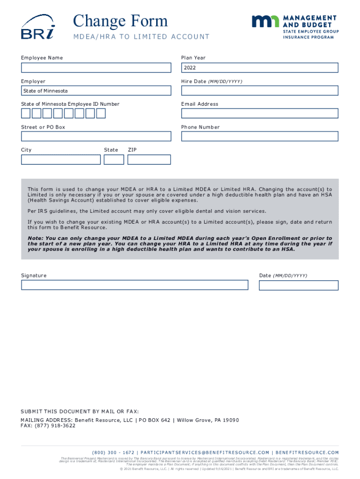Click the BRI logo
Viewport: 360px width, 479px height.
(x=37, y=27)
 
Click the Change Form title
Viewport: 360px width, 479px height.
(x=120, y=21)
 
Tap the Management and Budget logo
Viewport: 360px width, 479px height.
(x=295, y=27)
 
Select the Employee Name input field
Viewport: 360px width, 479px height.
(x=96, y=68)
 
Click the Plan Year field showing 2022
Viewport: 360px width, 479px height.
(x=259, y=68)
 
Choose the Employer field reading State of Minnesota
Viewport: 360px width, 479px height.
(x=96, y=91)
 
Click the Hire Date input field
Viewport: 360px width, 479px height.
(x=259, y=91)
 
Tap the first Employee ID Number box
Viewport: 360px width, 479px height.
(x=26, y=113)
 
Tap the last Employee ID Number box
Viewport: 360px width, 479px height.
(x=101, y=113)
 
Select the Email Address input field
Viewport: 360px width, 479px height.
(x=259, y=113)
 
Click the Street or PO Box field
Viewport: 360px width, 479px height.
(x=96, y=136)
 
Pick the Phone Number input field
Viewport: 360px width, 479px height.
(x=259, y=136)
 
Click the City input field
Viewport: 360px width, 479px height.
(x=61, y=160)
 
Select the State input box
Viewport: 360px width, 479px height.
(x=114, y=160)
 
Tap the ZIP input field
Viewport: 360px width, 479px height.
(x=149, y=160)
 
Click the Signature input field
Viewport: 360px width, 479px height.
(x=135, y=285)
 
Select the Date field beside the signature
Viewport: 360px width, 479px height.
(x=299, y=285)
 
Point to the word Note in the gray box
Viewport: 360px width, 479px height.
(x=35, y=238)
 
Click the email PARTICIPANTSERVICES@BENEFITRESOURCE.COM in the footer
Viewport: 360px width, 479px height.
(x=204, y=452)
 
